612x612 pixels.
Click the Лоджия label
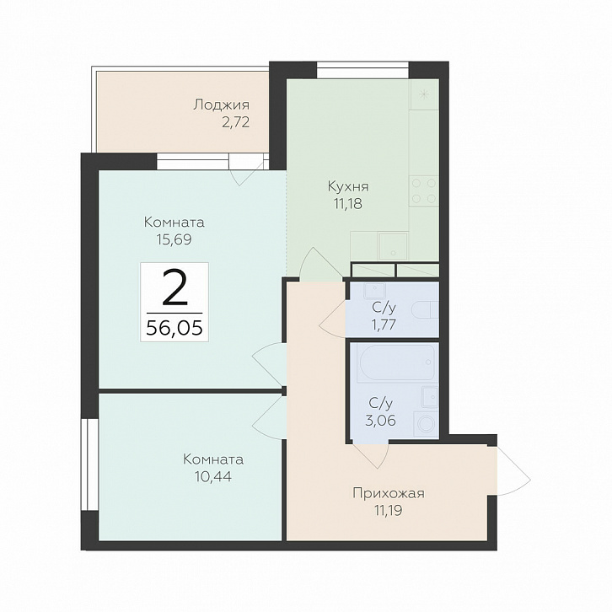[x=221, y=105]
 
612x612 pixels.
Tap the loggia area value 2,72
[x=235, y=122]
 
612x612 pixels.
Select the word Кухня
[x=348, y=186]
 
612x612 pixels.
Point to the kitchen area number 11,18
[x=348, y=203]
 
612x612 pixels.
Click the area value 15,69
[x=174, y=239]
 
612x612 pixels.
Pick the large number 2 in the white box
[x=174, y=287]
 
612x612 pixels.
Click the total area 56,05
[x=174, y=328]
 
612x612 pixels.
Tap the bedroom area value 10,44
[x=213, y=476]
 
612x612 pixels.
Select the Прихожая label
[x=389, y=493]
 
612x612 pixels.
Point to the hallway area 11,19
[x=389, y=510]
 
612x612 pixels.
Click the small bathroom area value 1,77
[x=384, y=325]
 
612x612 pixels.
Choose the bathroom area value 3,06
[x=380, y=421]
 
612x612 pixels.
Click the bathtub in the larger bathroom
[x=395, y=362]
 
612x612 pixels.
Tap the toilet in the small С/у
[x=427, y=309]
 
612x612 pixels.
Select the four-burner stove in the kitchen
[x=423, y=191]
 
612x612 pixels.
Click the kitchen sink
[x=393, y=245]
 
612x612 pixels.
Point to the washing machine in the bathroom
[x=426, y=423]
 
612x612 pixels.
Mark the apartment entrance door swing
[x=513, y=471]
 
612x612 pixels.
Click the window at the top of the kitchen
[x=362, y=70]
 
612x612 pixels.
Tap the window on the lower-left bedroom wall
[x=89, y=464]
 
